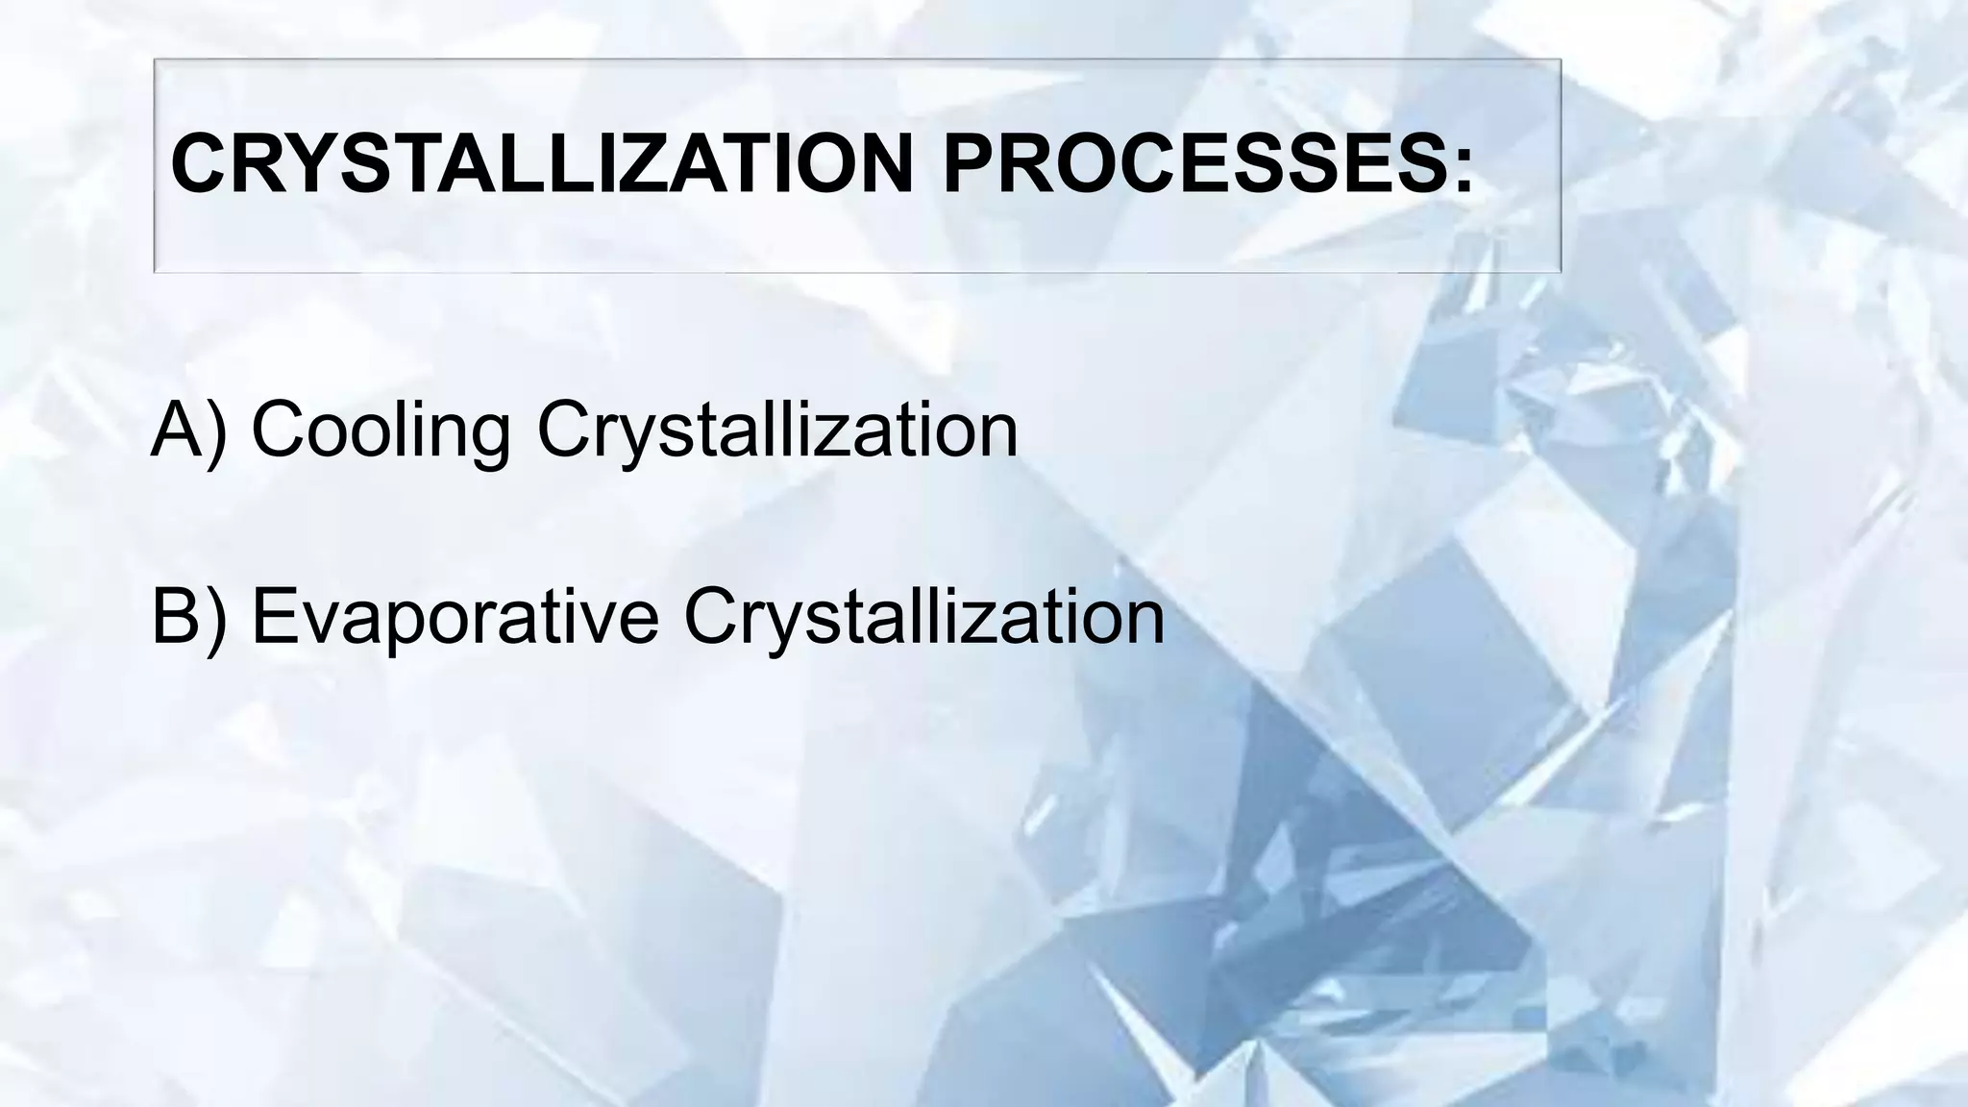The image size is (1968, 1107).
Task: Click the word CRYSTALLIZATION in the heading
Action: point(541,163)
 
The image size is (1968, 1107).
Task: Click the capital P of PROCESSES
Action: point(972,163)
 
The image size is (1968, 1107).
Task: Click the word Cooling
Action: point(381,430)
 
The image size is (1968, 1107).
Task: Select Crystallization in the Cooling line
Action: point(777,430)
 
